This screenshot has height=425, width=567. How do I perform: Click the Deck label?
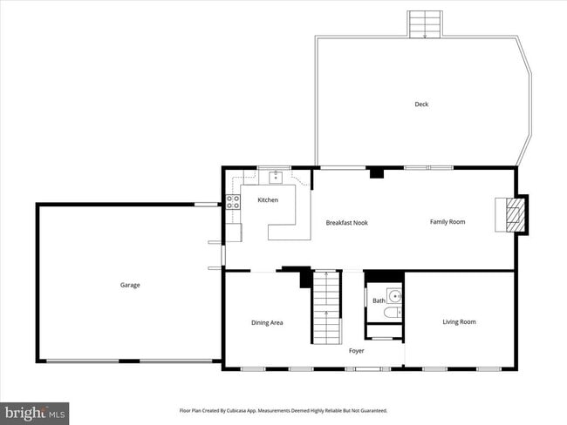coord(421,105)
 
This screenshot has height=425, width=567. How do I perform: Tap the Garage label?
coord(130,285)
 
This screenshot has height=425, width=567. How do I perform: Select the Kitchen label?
coord(268,200)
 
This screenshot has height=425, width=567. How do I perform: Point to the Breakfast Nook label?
coord(346,223)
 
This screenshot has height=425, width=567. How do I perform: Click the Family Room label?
coord(447,222)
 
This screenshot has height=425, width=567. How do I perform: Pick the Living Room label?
coord(459,322)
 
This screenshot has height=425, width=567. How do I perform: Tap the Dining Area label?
coord(267,323)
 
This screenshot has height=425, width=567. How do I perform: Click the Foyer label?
coord(357,351)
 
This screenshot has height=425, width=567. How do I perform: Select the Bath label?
coord(379,300)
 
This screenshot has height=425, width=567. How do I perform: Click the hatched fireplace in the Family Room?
coord(511,214)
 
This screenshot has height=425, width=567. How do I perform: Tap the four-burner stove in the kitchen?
coord(233,202)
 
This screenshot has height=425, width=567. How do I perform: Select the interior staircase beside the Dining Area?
coord(325,307)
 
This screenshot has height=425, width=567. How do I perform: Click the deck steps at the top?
coord(425,24)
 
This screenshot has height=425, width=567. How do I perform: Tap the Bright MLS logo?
coord(36,411)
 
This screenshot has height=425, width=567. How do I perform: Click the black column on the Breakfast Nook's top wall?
coord(377,172)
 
